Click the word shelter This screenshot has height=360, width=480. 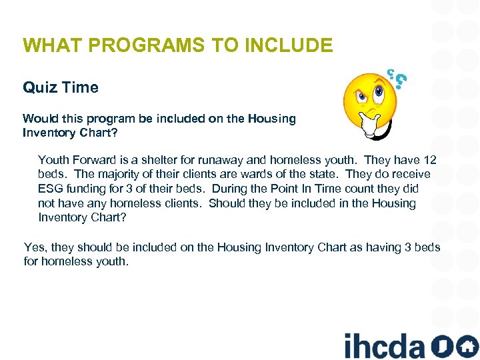151,160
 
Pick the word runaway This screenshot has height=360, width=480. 212,160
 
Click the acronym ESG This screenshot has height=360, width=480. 51,189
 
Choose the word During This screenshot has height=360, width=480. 229,189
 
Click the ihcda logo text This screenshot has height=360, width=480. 384,346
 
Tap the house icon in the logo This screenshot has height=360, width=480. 467,346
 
